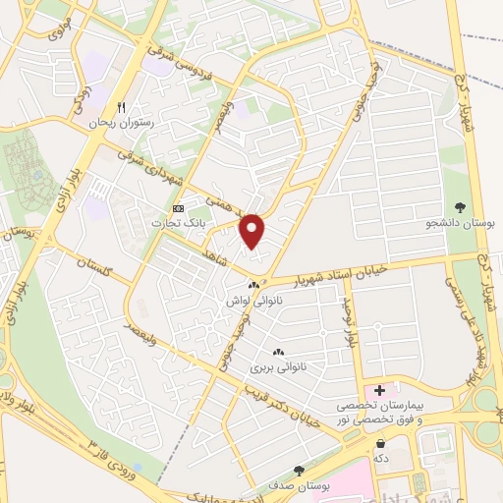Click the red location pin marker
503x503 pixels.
(x=253, y=230)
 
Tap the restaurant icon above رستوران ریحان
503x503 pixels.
(x=122, y=106)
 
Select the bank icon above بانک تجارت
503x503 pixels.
(x=178, y=209)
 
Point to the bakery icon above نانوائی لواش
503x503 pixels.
(x=254, y=286)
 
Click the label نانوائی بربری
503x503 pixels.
(x=278, y=367)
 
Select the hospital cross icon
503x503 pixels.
(x=379, y=391)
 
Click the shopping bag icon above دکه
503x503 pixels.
(x=379, y=443)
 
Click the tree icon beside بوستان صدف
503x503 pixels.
(x=299, y=471)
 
